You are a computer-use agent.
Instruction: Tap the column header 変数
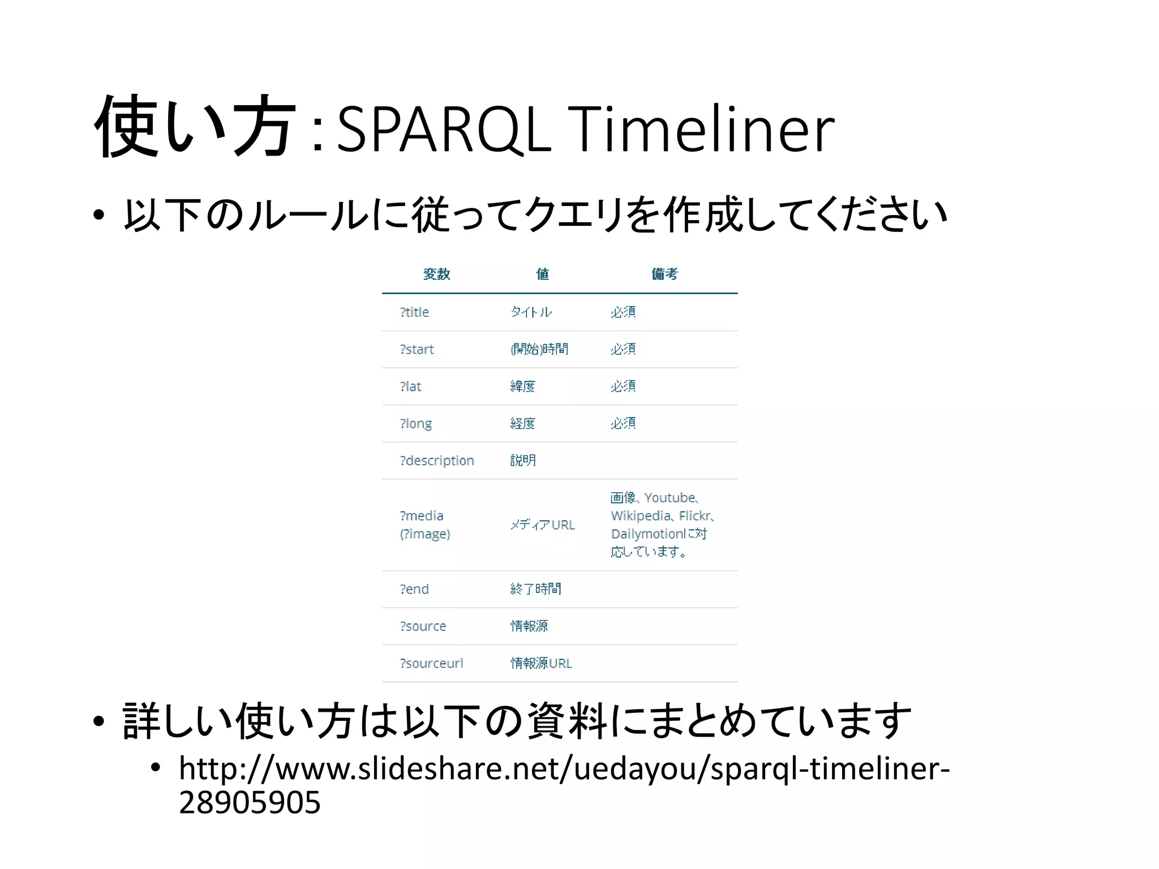(436, 274)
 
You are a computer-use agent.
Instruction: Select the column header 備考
(664, 274)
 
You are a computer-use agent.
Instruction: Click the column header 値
(542, 274)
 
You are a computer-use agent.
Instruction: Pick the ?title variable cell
(414, 312)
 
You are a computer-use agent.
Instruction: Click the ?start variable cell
(417, 350)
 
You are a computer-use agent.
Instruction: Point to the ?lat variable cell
(410, 386)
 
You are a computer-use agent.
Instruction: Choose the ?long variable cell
(415, 424)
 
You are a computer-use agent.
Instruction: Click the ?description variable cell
(436, 461)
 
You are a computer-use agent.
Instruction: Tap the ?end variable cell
(414, 589)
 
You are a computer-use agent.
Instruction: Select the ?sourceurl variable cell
(431, 663)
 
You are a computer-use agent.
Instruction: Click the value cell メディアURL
(542, 525)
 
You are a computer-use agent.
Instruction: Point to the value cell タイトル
(531, 312)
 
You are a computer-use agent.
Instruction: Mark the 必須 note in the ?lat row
(623, 386)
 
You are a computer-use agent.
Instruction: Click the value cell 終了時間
(535, 589)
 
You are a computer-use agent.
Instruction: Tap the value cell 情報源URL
(541, 663)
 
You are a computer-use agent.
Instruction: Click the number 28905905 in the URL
(250, 802)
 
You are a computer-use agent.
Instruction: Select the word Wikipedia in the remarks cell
(640, 516)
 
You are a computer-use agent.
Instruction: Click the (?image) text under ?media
(425, 534)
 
